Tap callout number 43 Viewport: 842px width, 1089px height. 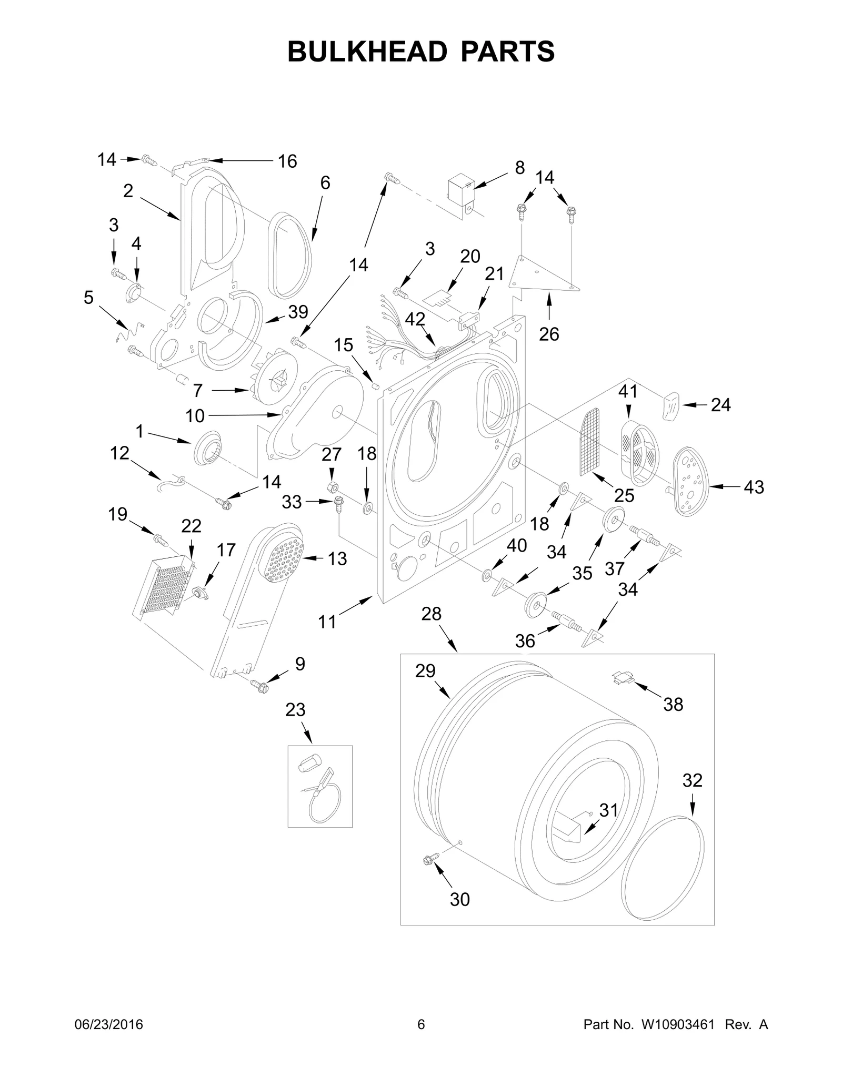[753, 487]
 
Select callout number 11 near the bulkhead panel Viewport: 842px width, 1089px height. [327, 622]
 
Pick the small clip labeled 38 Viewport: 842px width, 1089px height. [622, 679]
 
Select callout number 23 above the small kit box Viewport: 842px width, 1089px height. [295, 710]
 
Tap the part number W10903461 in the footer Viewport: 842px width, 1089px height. [678, 1040]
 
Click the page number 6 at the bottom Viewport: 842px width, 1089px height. [420, 1040]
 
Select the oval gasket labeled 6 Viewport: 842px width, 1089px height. [290, 256]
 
